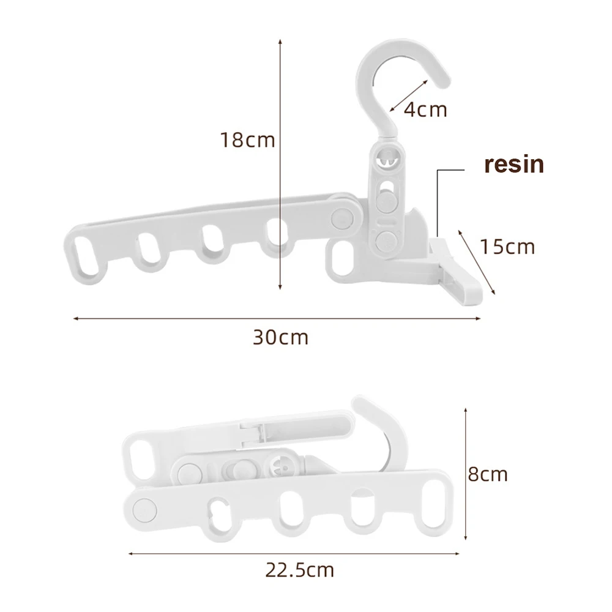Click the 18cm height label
click(248, 140)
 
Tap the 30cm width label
click(281, 338)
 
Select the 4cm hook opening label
click(425, 110)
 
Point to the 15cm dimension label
click(507, 247)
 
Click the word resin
click(514, 164)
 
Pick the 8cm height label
click(488, 474)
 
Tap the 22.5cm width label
click(300, 570)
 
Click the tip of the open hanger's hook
click(445, 83)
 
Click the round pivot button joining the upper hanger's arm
click(342, 218)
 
